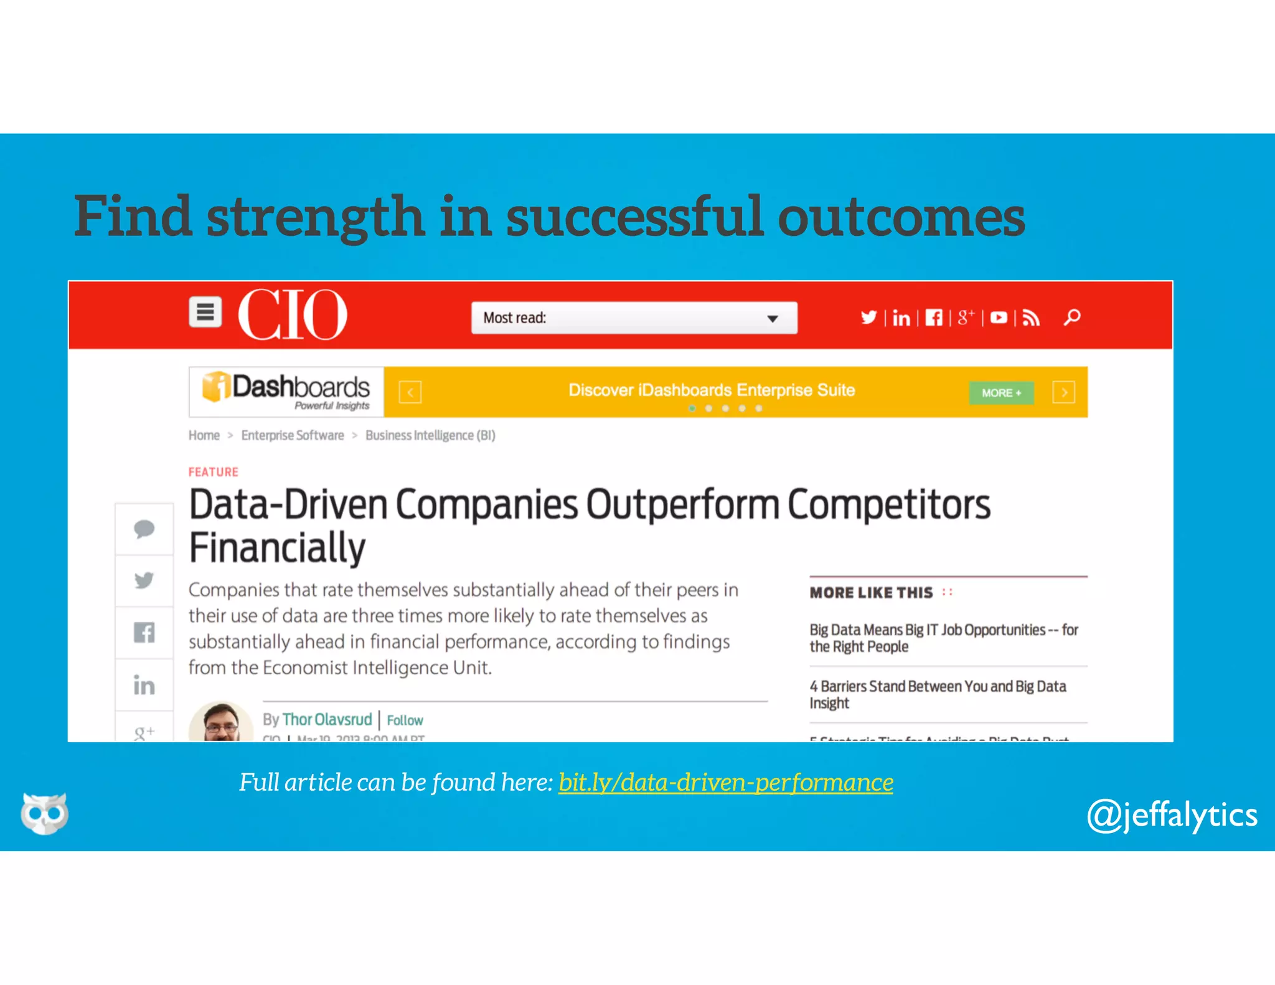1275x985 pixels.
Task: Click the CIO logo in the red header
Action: point(292,314)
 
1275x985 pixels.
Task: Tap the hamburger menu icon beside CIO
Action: point(205,312)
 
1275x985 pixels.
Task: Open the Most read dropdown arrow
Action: point(773,319)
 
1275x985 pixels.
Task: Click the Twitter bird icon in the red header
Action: point(868,318)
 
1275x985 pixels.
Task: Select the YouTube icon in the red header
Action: point(999,318)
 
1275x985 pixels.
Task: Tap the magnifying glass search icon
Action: point(1072,318)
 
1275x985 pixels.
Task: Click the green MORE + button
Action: point(1001,393)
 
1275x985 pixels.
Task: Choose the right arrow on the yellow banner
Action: point(1064,393)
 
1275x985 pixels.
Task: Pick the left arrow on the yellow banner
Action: point(410,393)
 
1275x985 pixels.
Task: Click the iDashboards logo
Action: point(286,391)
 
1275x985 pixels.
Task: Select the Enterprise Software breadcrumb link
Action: point(293,435)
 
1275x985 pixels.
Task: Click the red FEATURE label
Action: point(214,472)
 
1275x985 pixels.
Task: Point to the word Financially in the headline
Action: point(277,548)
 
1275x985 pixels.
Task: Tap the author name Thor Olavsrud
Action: point(327,720)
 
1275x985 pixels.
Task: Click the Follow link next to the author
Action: point(405,720)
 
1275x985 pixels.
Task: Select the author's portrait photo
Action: point(221,723)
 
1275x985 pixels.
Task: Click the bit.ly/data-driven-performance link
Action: point(725,783)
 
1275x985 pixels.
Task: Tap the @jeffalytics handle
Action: point(1172,815)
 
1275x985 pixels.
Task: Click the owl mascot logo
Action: point(44,813)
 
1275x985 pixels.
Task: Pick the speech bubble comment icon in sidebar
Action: point(144,529)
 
